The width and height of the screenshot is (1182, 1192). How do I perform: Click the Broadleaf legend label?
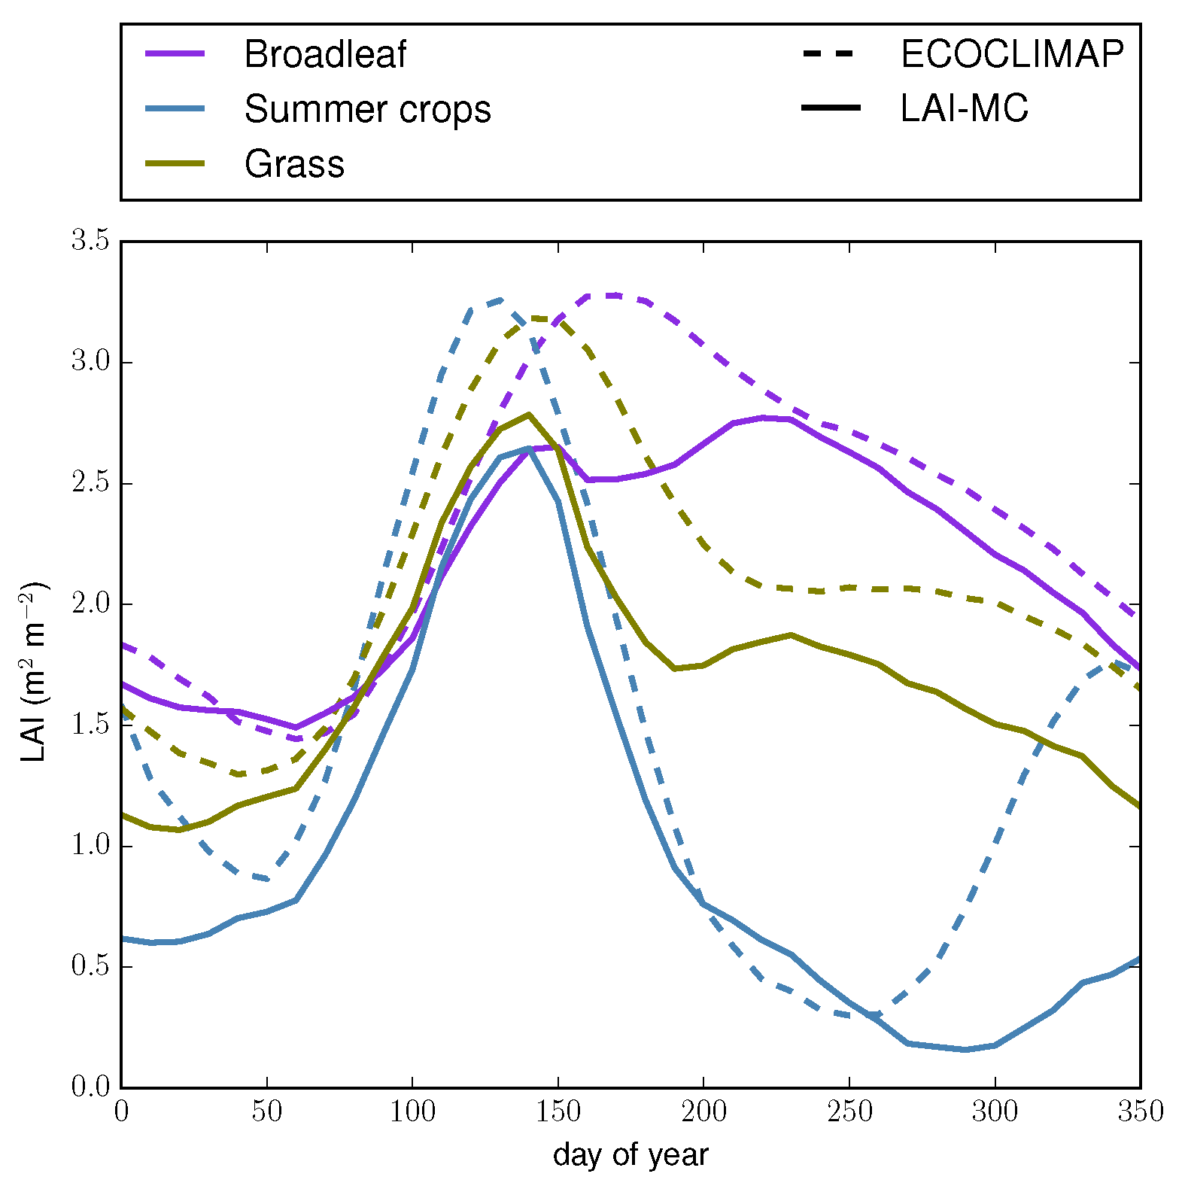(324, 54)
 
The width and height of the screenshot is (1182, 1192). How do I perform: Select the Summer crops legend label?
(367, 109)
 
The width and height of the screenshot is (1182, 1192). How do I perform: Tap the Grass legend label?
(294, 164)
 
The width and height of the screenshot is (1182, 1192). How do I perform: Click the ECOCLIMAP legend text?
(1011, 54)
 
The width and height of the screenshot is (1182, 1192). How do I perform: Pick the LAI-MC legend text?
(964, 109)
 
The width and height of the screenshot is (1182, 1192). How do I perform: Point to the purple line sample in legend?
(175, 54)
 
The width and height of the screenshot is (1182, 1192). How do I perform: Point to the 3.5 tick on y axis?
(90, 242)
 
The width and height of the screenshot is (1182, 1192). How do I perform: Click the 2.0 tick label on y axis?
(90, 604)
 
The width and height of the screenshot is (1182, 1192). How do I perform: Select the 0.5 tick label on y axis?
(90, 967)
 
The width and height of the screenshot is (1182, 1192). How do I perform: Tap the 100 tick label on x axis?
(412, 1111)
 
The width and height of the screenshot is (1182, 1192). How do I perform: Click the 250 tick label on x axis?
(849, 1111)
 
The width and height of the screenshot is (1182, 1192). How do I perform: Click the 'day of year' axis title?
(631, 1155)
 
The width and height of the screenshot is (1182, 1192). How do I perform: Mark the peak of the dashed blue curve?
(500, 300)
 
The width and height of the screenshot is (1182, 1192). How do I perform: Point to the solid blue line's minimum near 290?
(965, 1049)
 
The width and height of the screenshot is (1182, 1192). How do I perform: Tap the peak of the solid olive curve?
(529, 414)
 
